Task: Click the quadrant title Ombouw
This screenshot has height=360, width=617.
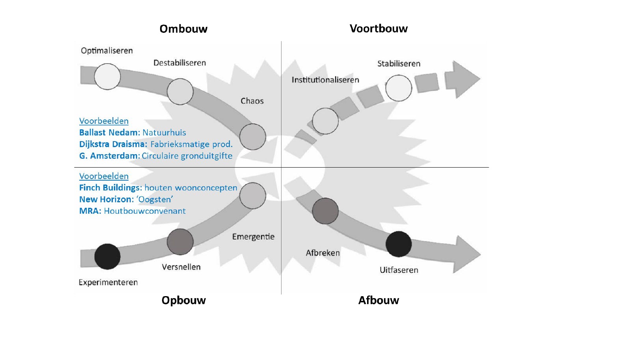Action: (183, 29)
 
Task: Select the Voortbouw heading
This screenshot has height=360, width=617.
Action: (378, 28)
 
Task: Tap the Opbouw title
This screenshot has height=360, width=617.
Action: (183, 300)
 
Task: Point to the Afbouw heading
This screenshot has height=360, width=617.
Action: (378, 300)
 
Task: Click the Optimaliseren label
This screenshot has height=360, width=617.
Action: (107, 50)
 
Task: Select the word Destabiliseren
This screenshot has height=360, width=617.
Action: (179, 63)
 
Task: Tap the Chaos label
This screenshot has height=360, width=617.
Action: (252, 101)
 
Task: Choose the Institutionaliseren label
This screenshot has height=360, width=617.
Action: (325, 80)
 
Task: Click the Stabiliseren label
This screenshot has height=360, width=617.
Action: (399, 64)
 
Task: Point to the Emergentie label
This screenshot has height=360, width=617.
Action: (253, 237)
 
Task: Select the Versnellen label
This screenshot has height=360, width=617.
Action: (181, 267)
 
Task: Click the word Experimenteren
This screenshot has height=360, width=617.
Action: (108, 282)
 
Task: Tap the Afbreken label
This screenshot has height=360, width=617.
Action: (322, 253)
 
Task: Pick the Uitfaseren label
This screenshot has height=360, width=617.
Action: (399, 270)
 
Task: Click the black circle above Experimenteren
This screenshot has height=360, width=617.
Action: (107, 256)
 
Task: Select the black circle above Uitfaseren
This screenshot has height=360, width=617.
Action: (399, 244)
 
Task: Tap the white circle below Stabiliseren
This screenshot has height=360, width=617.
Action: (399, 88)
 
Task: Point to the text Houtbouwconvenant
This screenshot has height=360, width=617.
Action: (145, 211)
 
